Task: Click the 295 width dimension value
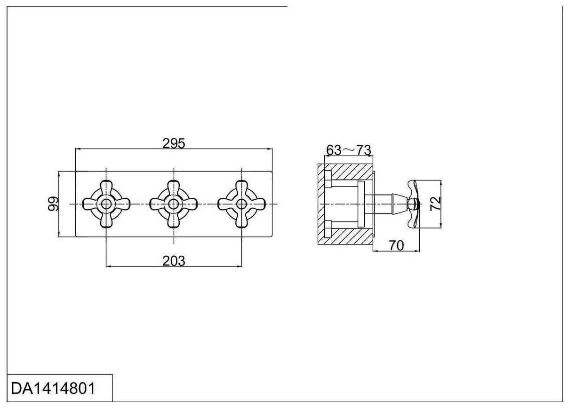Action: click(174, 143)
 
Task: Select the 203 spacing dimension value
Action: click(174, 261)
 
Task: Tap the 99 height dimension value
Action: click(54, 204)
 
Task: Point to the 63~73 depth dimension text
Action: click(348, 150)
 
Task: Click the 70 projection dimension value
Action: click(396, 245)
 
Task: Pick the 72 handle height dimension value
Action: click(436, 204)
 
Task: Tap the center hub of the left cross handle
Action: click(106, 204)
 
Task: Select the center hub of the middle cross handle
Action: click(174, 204)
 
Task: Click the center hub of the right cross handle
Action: click(242, 204)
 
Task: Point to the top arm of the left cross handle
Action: click(106, 188)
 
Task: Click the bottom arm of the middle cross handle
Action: click(174, 219)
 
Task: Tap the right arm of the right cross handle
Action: click(256, 204)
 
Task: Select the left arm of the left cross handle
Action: click(91, 204)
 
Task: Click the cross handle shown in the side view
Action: click(413, 204)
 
